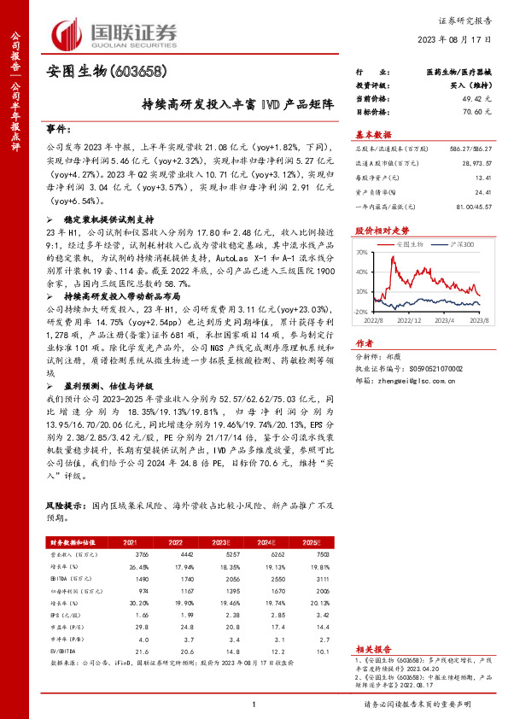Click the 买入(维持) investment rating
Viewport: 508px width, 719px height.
click(470, 87)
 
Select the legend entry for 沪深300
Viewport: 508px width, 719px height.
click(450, 243)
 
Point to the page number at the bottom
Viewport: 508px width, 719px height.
click(254, 702)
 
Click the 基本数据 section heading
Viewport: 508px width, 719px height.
click(374, 135)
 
